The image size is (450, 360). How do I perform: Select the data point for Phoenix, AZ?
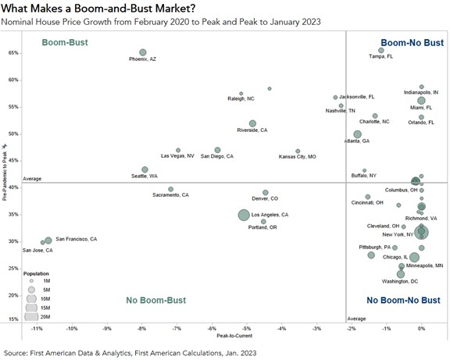(143, 52)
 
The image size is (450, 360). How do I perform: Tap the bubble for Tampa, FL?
(381, 50)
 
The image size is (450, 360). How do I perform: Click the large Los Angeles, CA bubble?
(245, 215)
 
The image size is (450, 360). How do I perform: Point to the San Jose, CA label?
(38, 250)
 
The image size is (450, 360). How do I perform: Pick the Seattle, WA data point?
(145, 169)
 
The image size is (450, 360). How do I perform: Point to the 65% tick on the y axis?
(13, 53)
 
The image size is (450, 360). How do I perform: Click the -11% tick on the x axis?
(36, 328)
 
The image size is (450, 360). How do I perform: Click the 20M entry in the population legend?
(47, 316)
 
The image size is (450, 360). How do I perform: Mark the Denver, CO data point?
(266, 192)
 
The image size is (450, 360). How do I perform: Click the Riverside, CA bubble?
(252, 123)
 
